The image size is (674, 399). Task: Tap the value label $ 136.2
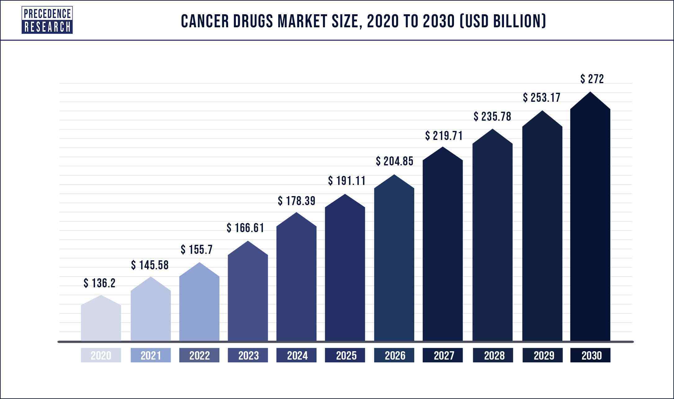point(100,283)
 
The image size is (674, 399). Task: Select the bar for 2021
point(151,313)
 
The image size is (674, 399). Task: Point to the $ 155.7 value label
point(197,249)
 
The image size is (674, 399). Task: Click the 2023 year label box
point(248,355)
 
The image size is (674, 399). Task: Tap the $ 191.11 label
point(347,181)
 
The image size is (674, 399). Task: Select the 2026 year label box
point(394,355)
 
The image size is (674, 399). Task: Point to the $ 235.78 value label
point(492,117)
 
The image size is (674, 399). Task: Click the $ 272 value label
point(592,79)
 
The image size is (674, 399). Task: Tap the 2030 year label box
point(591,355)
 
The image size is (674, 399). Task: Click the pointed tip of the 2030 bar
point(590,93)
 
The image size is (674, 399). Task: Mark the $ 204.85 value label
point(395,161)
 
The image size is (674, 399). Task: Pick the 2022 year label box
point(199,355)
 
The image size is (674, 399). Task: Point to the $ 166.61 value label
point(245,228)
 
